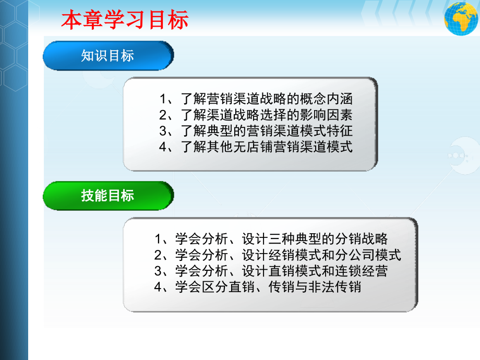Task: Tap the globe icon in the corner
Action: click(x=461, y=18)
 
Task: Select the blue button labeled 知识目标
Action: click(x=107, y=56)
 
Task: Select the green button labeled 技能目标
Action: click(x=107, y=196)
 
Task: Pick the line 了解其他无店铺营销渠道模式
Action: click(x=256, y=146)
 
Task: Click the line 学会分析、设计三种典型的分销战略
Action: click(x=271, y=239)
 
